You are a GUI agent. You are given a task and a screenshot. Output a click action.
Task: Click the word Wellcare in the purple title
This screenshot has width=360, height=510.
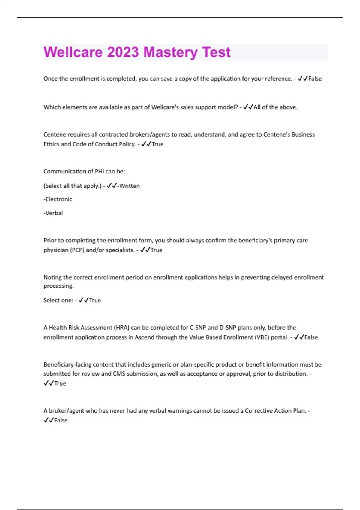tap(73, 52)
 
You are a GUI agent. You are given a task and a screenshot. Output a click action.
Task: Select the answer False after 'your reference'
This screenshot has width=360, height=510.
tap(315, 79)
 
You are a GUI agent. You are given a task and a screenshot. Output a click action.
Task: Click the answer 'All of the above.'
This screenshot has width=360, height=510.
tap(275, 107)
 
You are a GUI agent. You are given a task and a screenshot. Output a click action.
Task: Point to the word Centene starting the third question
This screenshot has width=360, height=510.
tap(55, 134)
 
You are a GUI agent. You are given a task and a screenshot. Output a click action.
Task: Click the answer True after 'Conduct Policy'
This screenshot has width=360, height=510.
tap(157, 144)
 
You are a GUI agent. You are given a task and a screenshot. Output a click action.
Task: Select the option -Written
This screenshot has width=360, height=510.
tap(128, 186)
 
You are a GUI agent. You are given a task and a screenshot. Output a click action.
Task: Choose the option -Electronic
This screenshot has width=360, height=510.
tap(58, 199)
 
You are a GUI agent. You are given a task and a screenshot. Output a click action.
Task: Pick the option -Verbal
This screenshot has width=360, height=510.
tap(53, 213)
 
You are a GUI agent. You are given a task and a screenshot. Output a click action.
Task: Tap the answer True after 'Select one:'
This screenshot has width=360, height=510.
tap(95, 301)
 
